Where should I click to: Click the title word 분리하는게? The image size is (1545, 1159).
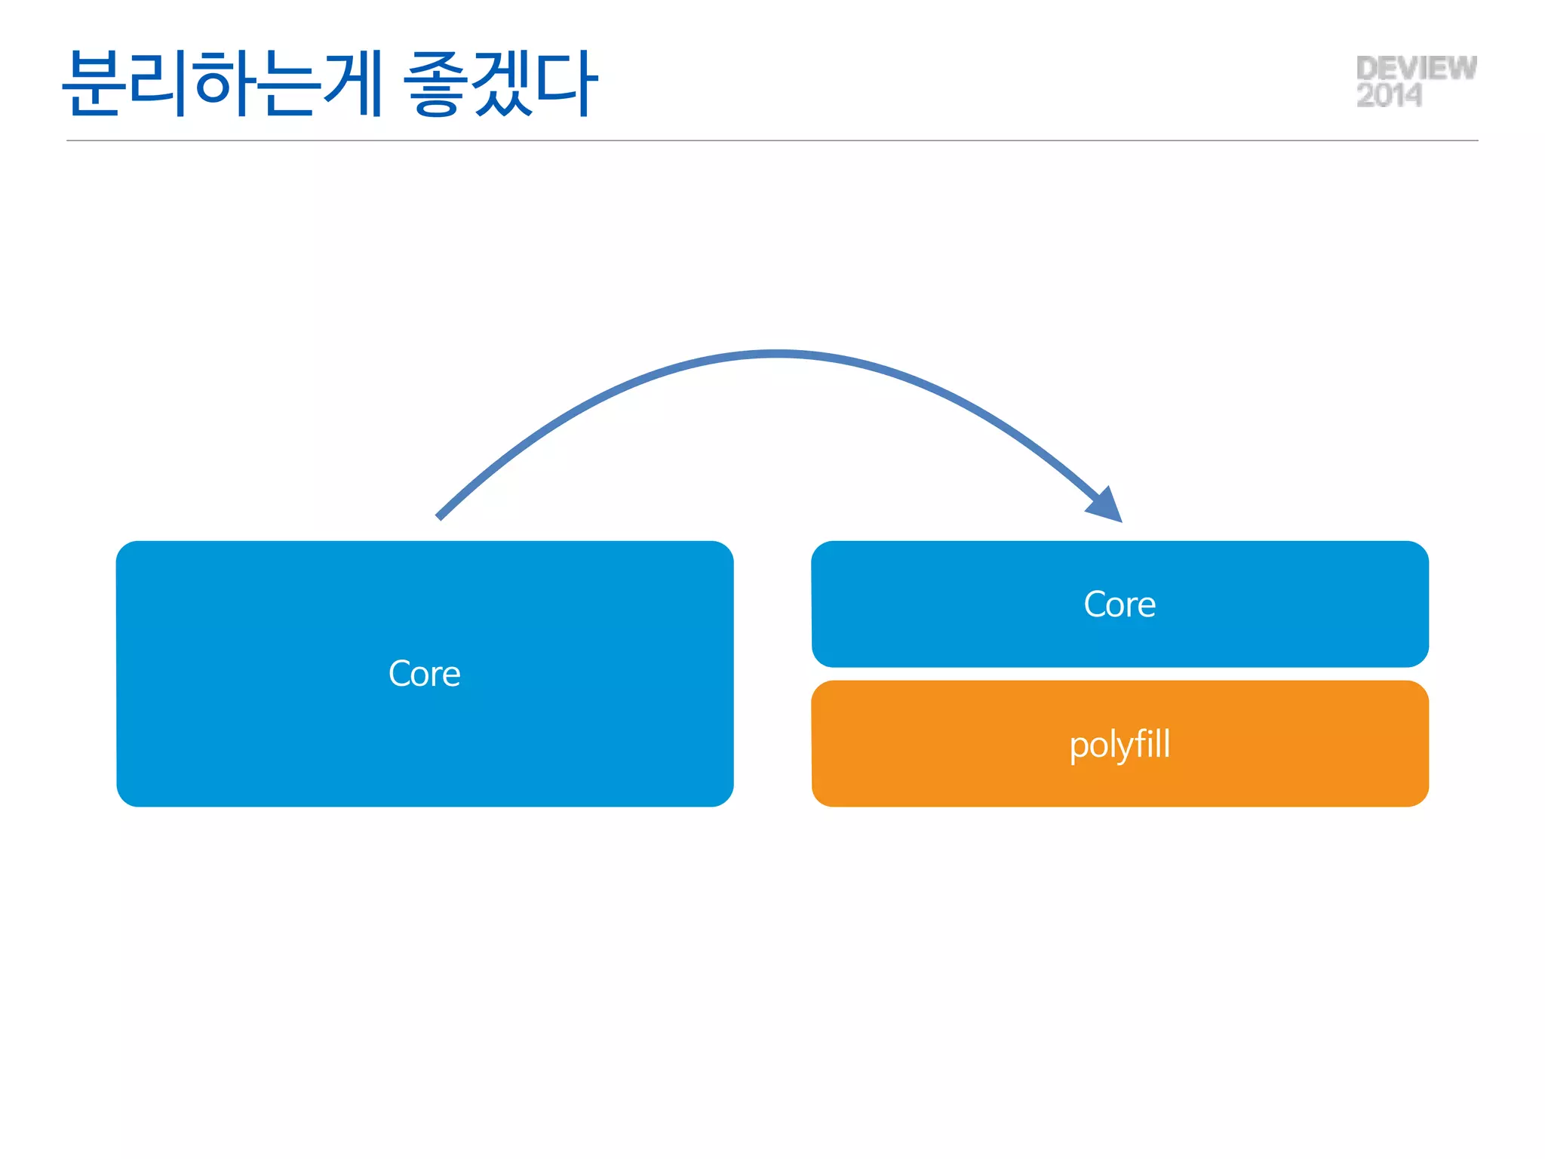[223, 83]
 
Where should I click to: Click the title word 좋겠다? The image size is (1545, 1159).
[501, 83]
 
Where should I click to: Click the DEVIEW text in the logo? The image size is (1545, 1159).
[1415, 68]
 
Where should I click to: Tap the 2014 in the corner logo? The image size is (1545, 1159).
[1389, 96]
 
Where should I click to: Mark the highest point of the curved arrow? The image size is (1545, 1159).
[777, 353]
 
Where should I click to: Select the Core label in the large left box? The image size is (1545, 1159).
[424, 673]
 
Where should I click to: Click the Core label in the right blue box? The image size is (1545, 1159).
[1120, 604]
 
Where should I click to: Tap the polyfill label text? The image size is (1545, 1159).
[1120, 745]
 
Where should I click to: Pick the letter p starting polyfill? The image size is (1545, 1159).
[1079, 747]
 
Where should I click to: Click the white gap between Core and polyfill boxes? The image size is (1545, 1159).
[1120, 674]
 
